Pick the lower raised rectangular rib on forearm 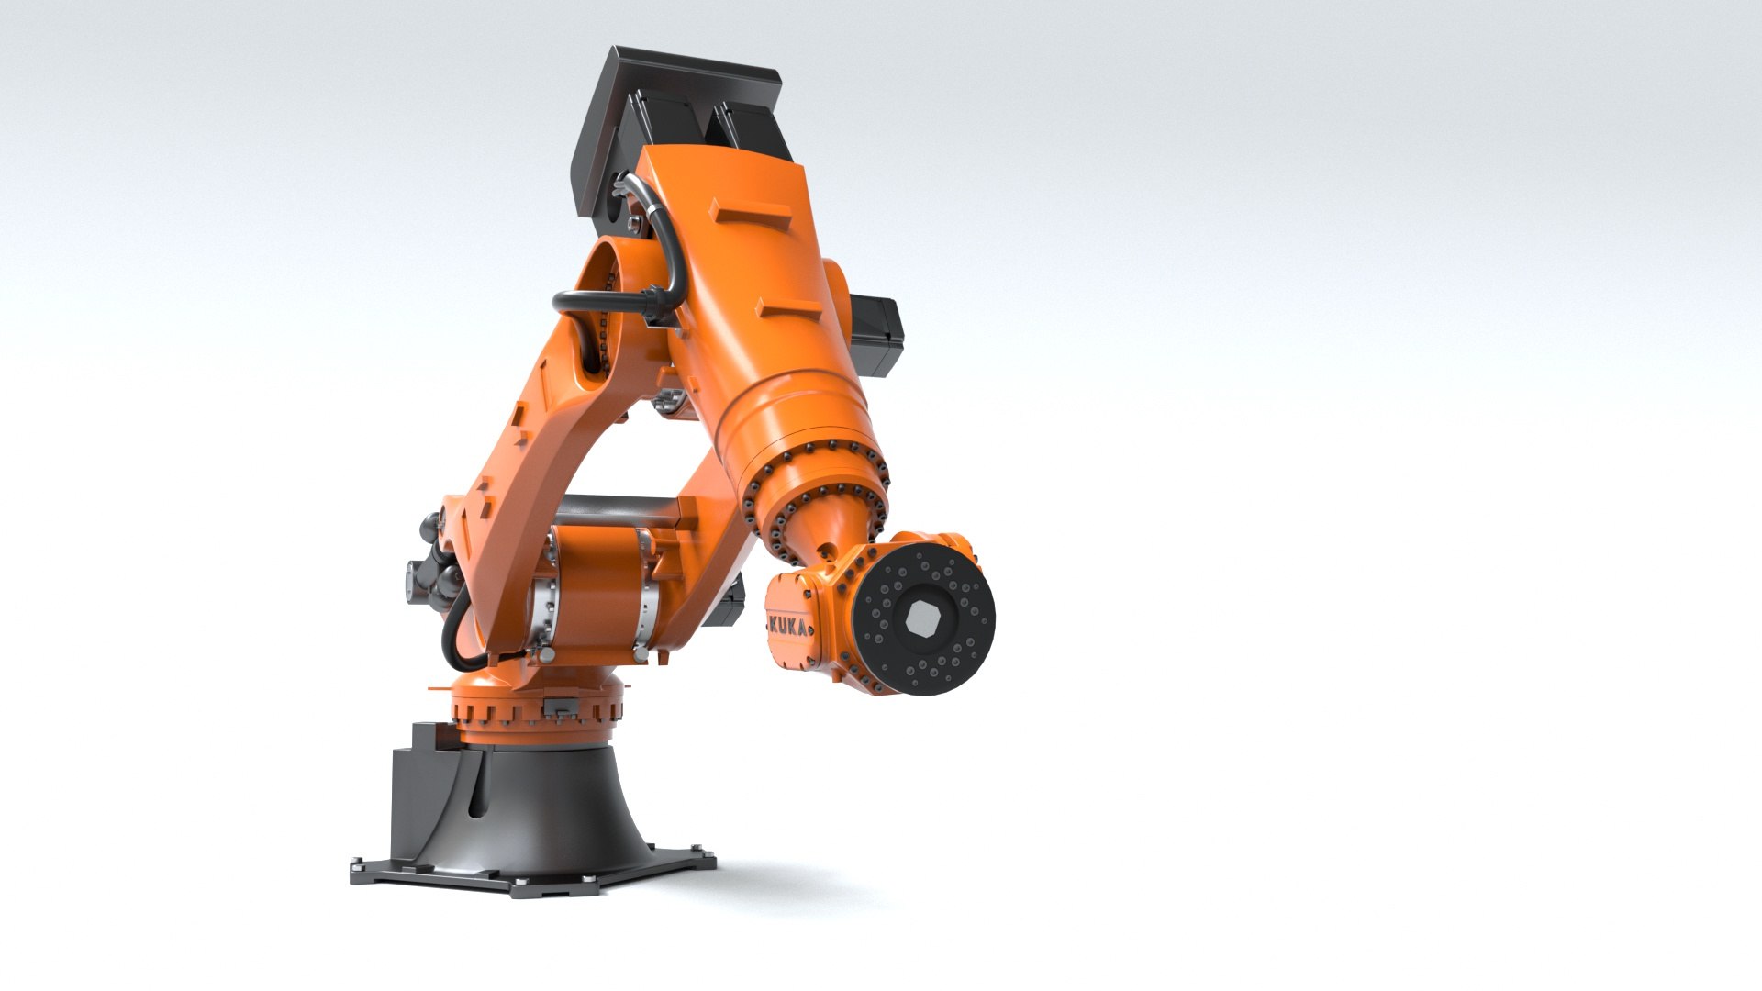coord(789,307)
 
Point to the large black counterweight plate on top coord(679,101)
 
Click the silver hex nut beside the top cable coord(632,224)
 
